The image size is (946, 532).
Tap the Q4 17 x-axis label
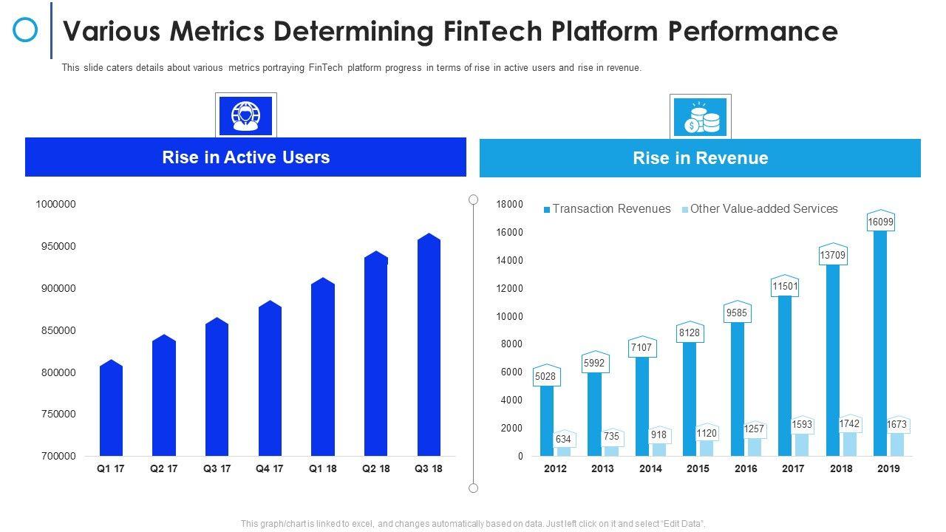[270, 468]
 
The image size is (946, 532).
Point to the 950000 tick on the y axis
[58, 246]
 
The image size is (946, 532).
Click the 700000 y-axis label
[58, 456]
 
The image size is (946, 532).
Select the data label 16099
[880, 222]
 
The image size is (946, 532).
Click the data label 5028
[546, 377]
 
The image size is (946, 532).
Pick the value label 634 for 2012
[563, 440]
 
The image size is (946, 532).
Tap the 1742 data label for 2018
[849, 424]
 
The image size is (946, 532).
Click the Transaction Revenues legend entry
[608, 209]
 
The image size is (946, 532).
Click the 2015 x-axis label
[698, 468]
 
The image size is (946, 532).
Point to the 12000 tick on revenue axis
[509, 288]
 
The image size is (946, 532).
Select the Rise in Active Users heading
[245, 157]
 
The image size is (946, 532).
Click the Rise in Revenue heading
[700, 158]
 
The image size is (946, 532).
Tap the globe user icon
[245, 116]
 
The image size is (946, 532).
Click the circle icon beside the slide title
[26, 30]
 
